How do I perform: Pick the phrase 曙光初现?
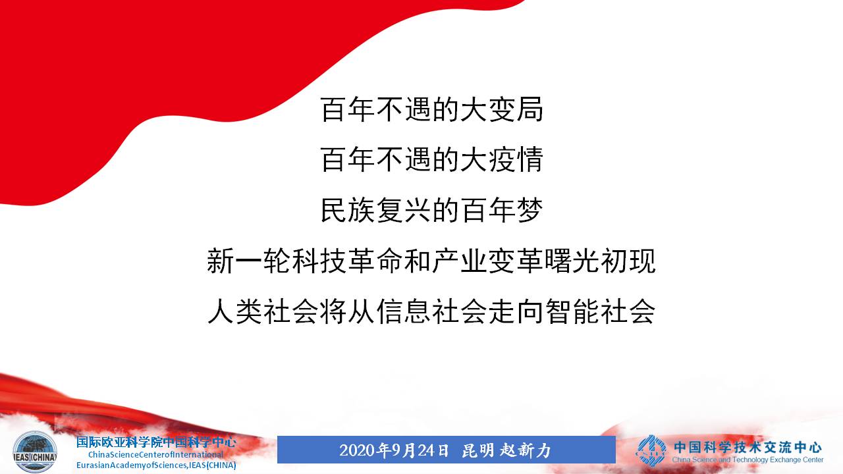click(600, 261)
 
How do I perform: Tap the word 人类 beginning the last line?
click(235, 311)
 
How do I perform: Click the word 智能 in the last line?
click(572, 311)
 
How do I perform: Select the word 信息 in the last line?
click(404, 311)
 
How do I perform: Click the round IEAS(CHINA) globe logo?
click(35, 452)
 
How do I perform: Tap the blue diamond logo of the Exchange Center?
click(651, 450)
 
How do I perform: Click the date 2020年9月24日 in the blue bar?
click(394, 450)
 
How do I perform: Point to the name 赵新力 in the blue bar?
click(526, 450)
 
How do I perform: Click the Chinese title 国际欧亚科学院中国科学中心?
click(156, 442)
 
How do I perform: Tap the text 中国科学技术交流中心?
click(748, 447)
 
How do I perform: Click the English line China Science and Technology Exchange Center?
click(748, 460)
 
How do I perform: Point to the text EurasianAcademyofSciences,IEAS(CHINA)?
click(156, 465)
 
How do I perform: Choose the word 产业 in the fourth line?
click(459, 261)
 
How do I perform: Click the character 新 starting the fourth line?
click(221, 261)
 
